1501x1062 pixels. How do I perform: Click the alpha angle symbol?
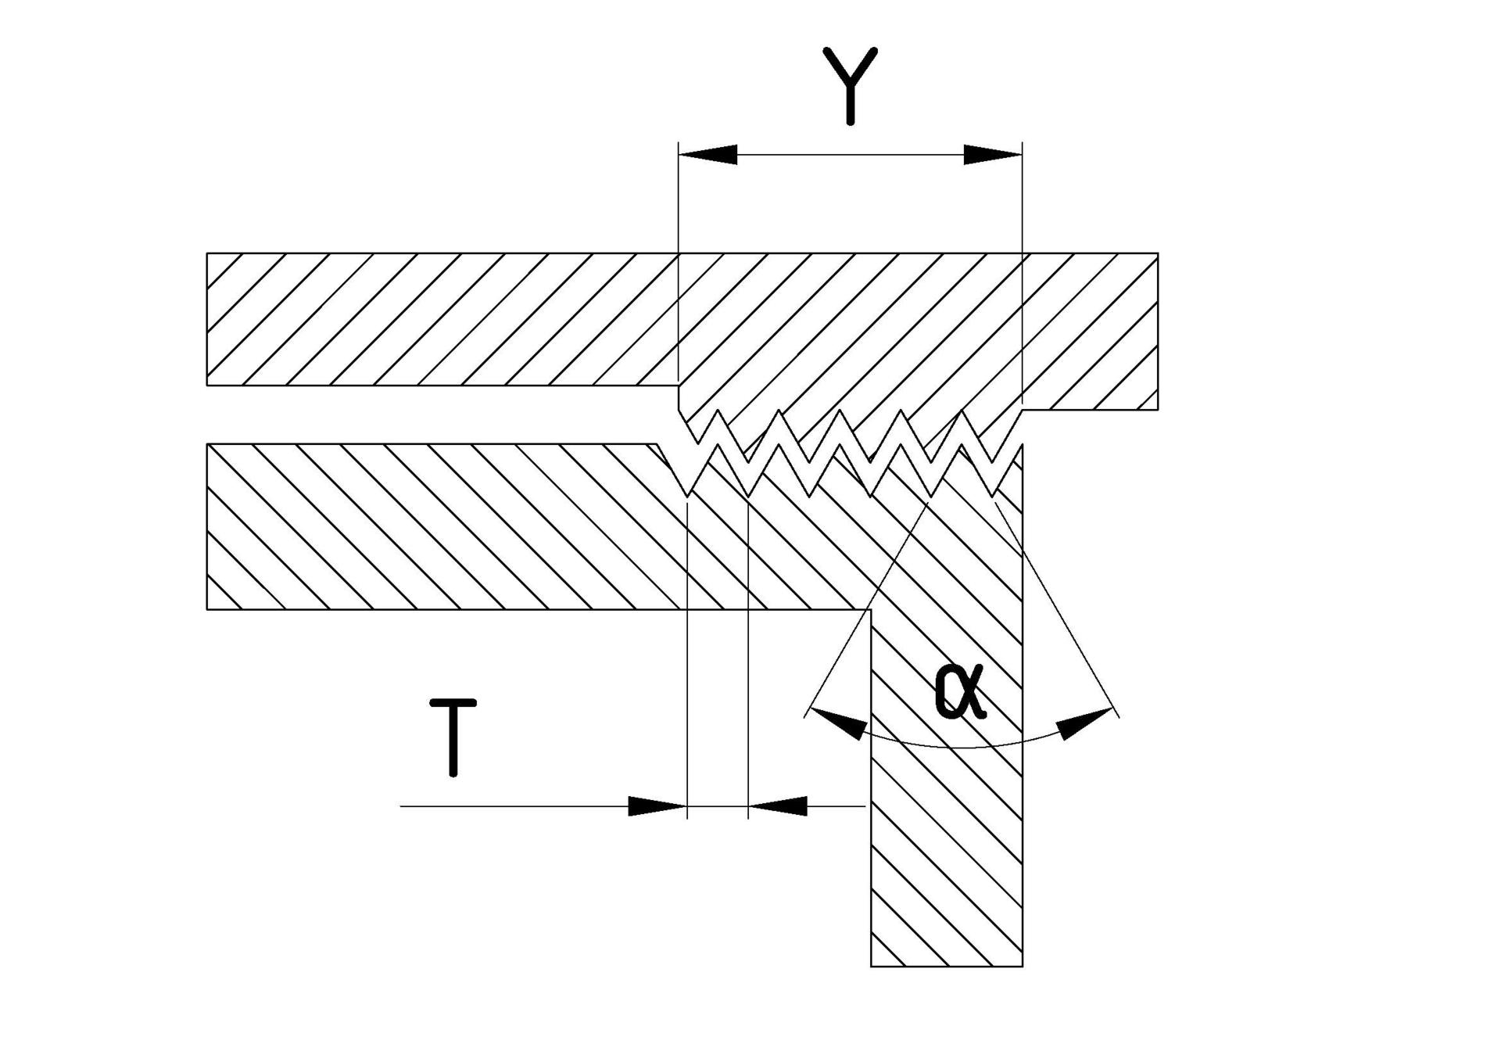(x=960, y=692)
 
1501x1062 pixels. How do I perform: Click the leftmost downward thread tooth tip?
(x=686, y=496)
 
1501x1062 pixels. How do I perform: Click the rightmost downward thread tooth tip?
(x=994, y=496)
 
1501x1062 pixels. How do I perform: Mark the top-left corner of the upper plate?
(x=207, y=253)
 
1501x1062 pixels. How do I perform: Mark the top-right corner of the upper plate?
(x=1157, y=253)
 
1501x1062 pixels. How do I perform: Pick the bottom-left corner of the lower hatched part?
(x=207, y=608)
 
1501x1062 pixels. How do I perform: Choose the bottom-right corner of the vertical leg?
(x=1022, y=967)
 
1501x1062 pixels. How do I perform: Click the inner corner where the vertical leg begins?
(x=871, y=609)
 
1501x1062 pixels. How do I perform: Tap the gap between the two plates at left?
(x=391, y=414)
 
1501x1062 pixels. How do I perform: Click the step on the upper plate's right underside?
(x=1023, y=408)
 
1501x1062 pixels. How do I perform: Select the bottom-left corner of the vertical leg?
(x=871, y=967)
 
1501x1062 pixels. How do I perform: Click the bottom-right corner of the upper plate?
(x=1157, y=409)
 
